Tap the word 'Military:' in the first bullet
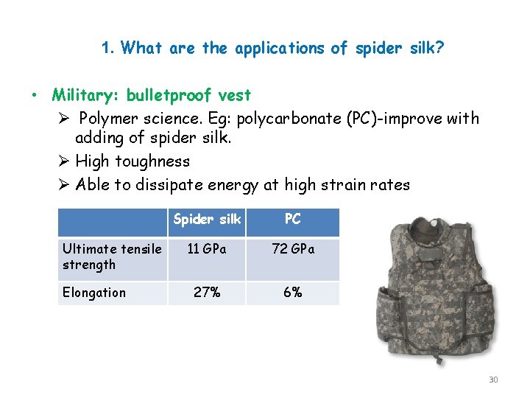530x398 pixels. pyautogui.click(x=86, y=95)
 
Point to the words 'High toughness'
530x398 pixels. pyautogui.click(x=132, y=161)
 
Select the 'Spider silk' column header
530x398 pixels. pyautogui.click(x=207, y=220)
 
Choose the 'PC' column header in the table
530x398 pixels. pyautogui.click(x=292, y=220)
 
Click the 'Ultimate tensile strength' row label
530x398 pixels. pyautogui.click(x=111, y=256)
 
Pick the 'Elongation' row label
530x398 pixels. pyautogui.click(x=94, y=293)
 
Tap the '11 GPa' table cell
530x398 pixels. pyautogui.click(x=207, y=249)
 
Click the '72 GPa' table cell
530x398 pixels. pyautogui.click(x=292, y=249)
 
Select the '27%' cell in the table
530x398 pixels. pyautogui.click(x=207, y=293)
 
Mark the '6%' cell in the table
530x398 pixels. pyautogui.click(x=292, y=293)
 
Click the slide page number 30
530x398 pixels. pyautogui.click(x=493, y=380)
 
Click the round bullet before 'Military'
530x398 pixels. pyautogui.click(x=34, y=96)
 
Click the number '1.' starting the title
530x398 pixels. pyautogui.click(x=108, y=49)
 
